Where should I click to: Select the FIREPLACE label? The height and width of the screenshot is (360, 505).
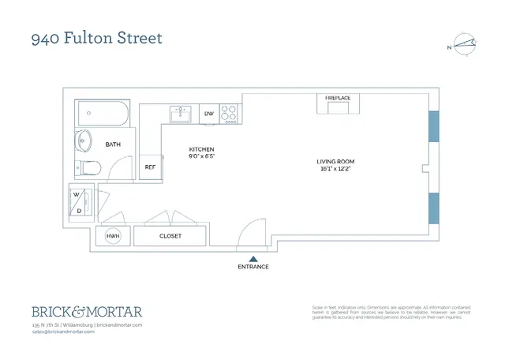(337, 98)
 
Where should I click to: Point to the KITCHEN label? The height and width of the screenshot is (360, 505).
(201, 150)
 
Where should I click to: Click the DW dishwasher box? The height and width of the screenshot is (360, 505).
(209, 114)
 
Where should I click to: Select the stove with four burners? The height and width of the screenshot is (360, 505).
(230, 114)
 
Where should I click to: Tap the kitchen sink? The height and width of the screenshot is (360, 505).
(180, 114)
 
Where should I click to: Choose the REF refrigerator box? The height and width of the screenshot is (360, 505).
(149, 167)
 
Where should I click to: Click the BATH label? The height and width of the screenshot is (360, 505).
(113, 144)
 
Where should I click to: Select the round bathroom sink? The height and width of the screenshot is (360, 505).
(84, 142)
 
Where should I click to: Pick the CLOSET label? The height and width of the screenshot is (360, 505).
(170, 235)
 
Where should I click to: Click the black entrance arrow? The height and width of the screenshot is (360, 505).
(253, 257)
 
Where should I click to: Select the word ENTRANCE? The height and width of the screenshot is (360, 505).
(253, 267)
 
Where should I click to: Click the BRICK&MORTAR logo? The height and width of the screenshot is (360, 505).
(87, 311)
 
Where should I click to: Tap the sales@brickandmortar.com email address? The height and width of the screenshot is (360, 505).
(63, 332)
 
